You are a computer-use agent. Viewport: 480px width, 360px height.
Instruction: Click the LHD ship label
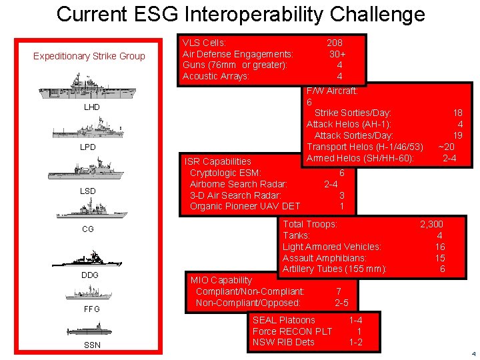[x=91, y=107]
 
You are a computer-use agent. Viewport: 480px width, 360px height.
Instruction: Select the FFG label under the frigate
[x=91, y=309]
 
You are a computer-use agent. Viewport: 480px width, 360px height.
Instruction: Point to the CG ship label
[x=88, y=229]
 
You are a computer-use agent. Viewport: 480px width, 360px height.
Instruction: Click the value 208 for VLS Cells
[x=335, y=43]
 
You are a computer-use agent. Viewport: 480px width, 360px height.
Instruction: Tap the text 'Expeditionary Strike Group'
[x=89, y=56]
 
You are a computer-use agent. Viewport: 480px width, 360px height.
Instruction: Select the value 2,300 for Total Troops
[x=431, y=225]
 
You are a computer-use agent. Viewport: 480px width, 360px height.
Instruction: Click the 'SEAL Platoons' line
[x=283, y=320]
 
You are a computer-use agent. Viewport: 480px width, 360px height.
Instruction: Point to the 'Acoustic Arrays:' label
[x=215, y=77]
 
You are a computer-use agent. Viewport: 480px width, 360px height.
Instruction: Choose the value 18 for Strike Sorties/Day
[x=457, y=113]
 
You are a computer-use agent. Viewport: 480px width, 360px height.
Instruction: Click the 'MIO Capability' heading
[x=221, y=280]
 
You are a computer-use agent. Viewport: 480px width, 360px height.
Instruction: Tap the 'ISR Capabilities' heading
[x=218, y=161]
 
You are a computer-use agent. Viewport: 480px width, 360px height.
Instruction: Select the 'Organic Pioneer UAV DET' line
[x=245, y=207]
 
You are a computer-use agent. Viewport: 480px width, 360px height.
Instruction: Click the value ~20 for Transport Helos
[x=447, y=147]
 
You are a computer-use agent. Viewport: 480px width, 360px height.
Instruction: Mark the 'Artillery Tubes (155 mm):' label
[x=335, y=269]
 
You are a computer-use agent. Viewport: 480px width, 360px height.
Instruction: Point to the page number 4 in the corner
[x=473, y=353]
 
